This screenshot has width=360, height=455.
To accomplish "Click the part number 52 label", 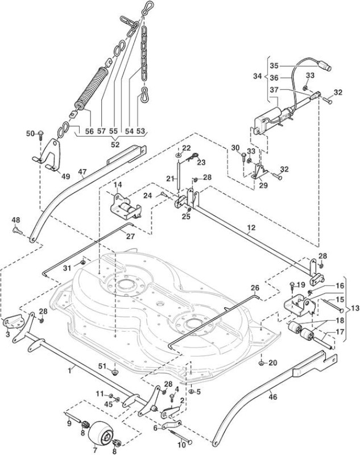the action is [x=115, y=144].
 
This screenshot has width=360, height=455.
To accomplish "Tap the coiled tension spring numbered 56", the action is [x=90, y=88].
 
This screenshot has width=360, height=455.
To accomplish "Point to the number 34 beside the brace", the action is [x=257, y=77].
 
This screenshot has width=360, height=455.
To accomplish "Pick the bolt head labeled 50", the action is [x=40, y=134].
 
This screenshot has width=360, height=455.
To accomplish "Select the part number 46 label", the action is [x=273, y=396].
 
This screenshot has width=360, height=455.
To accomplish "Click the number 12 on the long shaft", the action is [x=251, y=228].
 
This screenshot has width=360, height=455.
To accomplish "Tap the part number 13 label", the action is [x=354, y=308].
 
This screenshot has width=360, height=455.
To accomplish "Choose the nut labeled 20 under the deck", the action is [x=262, y=363].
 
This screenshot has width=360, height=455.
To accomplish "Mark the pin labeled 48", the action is [x=16, y=231].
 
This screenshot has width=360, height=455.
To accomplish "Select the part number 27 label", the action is [x=131, y=237].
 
